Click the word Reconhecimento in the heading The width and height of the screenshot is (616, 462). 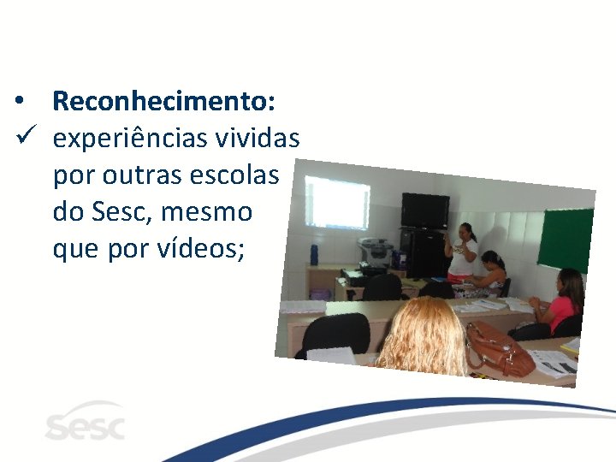coord(163,102)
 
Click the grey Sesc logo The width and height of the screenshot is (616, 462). coord(85,423)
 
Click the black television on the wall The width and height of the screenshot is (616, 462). coord(425,210)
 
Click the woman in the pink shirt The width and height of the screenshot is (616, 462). coord(563,304)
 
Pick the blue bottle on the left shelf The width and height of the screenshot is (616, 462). coord(314,253)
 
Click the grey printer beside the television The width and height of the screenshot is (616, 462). coord(376,253)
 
